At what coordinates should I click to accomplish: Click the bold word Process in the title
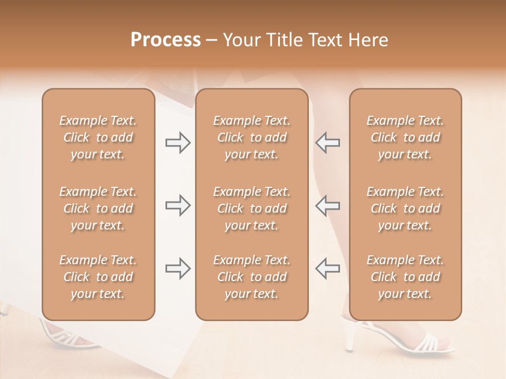166,40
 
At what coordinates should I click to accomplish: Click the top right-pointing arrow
178,143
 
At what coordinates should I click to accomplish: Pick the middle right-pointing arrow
178,205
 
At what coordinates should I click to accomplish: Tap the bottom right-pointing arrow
178,268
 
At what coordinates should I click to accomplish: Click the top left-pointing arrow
327,143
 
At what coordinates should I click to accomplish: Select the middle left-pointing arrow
327,205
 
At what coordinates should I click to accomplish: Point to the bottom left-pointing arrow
327,268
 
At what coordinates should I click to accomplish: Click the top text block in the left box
98,137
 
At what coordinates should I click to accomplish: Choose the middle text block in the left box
98,208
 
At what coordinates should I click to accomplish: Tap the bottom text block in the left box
98,277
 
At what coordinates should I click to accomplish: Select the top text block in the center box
251,137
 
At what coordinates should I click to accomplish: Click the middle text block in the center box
251,208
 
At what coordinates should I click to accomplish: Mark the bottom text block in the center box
251,277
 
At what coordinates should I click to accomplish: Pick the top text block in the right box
405,137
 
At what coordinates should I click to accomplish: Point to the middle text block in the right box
405,208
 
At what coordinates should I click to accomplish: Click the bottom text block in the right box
405,277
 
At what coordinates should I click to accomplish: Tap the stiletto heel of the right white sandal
349,337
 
